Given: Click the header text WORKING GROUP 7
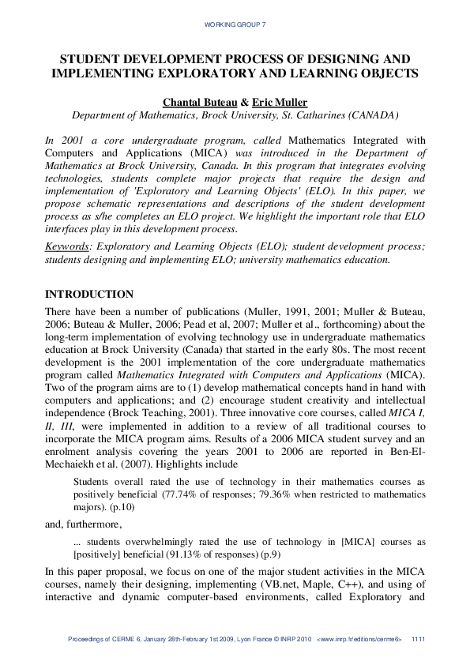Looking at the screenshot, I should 235,25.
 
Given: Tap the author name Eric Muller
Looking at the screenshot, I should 280,102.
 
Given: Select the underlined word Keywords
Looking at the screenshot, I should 69,246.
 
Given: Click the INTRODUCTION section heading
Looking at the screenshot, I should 89,294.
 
